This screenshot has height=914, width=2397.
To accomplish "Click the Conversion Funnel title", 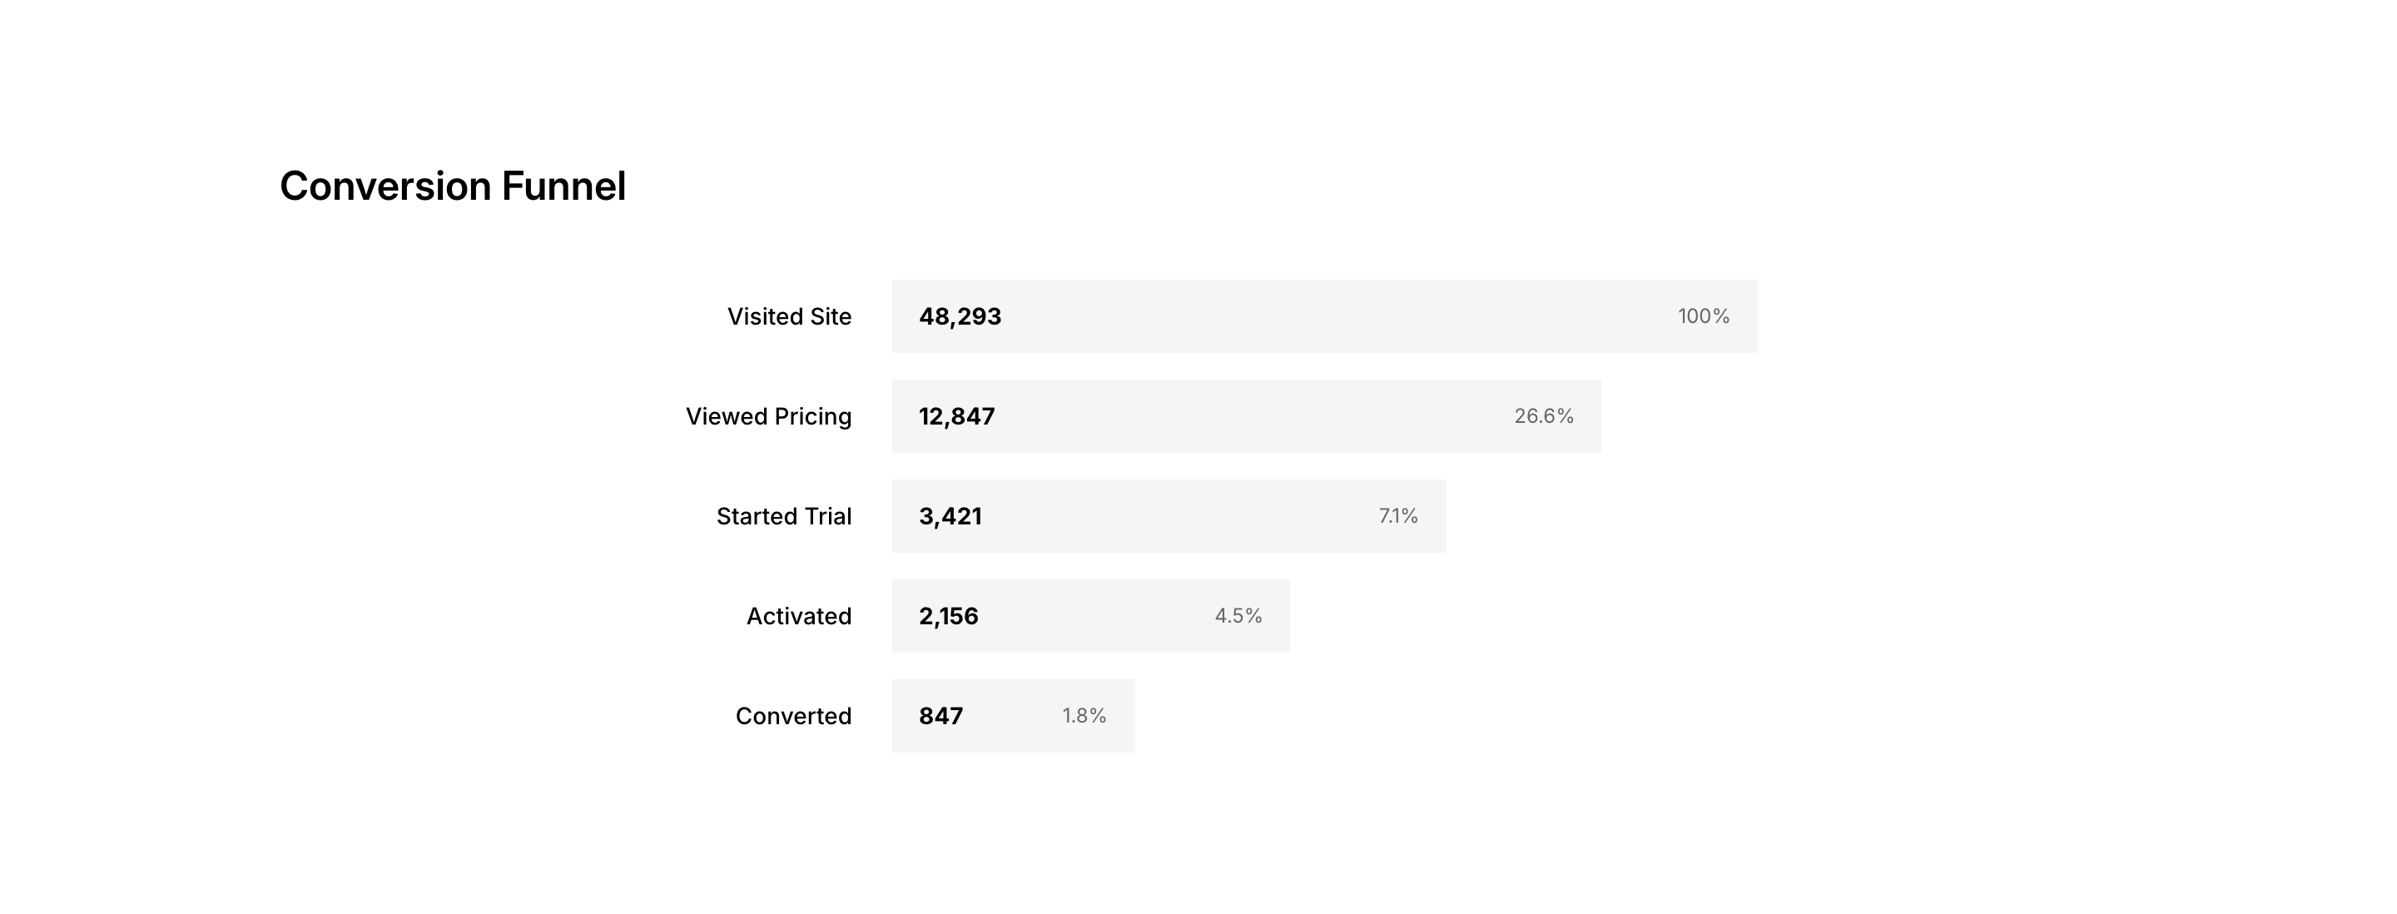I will pos(452,186).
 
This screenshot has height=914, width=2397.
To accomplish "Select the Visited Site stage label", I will pos(789,316).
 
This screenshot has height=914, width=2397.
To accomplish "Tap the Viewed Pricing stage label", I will pos(768,416).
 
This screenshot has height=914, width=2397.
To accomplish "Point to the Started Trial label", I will pos(783,517).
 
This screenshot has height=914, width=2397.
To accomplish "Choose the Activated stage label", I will pos(798,616).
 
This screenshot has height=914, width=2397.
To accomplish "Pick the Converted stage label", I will pos(793,716).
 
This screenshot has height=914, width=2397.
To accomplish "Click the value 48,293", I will pos(960,316).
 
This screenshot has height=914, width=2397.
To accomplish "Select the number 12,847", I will pos(956,416).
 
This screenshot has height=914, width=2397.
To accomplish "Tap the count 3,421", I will pos(950,517).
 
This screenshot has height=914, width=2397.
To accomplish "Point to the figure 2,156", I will pos(948,616).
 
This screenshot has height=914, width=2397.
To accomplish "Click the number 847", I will pos(940,716).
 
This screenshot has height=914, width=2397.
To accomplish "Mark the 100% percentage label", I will pos(1703,316).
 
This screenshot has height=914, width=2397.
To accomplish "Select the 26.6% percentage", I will pos(1544,416).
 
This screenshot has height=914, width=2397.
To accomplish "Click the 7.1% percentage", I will pos(1397,517).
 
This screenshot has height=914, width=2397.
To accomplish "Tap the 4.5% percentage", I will pos(1238,616).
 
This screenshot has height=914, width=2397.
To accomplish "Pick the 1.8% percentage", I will pos(1084,716).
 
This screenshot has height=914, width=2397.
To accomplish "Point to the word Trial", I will pos(828,517).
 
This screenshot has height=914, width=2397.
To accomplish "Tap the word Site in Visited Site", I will pos(830,316).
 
